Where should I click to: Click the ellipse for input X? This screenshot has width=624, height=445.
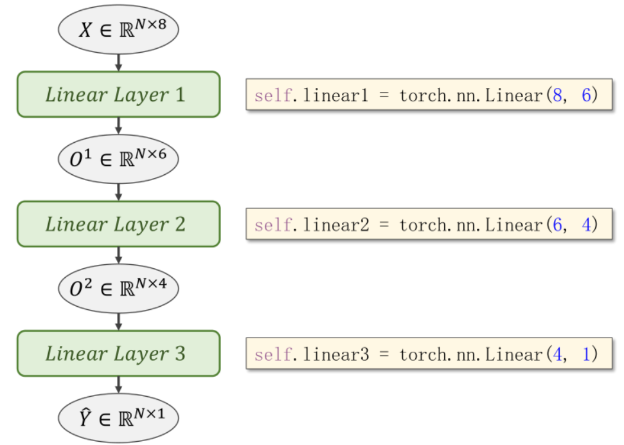tap(118, 29)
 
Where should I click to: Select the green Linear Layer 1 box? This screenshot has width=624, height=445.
tap(118, 95)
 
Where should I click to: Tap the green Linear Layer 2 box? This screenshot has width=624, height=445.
tap(118, 224)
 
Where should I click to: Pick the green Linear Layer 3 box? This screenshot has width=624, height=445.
tap(118, 353)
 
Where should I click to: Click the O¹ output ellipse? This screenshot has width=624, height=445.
tap(118, 158)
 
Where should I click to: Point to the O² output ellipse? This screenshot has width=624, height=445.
tap(118, 287)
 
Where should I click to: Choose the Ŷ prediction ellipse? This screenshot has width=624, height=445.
tap(118, 417)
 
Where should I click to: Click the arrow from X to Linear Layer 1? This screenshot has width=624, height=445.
tap(118, 62)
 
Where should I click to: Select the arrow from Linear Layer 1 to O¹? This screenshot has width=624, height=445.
tap(118, 126)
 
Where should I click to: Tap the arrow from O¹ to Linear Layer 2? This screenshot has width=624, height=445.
tap(118, 191)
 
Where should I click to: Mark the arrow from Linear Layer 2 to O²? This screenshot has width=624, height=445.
tap(118, 255)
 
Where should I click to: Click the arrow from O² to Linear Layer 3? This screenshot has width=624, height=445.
tap(118, 320)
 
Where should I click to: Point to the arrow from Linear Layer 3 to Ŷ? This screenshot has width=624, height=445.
tap(118, 385)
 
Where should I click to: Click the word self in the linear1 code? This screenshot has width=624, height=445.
tap(269, 96)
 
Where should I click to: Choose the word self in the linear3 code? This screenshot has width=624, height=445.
tap(269, 354)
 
